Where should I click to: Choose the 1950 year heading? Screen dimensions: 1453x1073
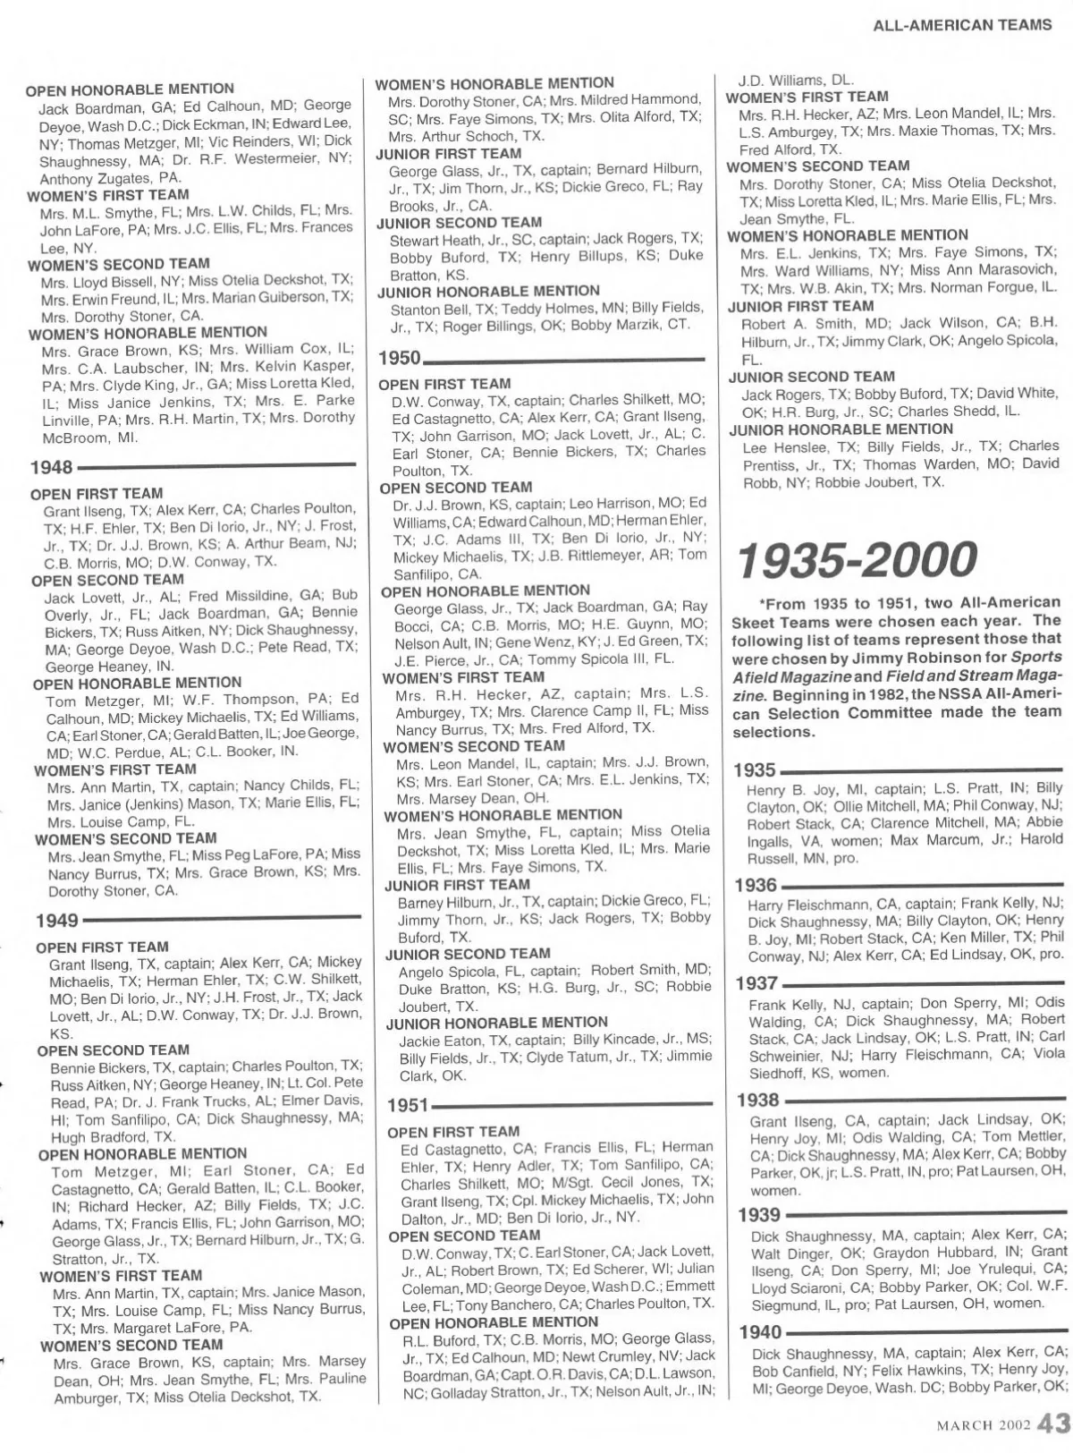[399, 358]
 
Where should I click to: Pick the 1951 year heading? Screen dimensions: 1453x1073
[408, 1106]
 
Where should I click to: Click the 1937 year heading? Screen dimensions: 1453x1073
[756, 983]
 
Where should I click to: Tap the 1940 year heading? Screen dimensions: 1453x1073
[759, 1332]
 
